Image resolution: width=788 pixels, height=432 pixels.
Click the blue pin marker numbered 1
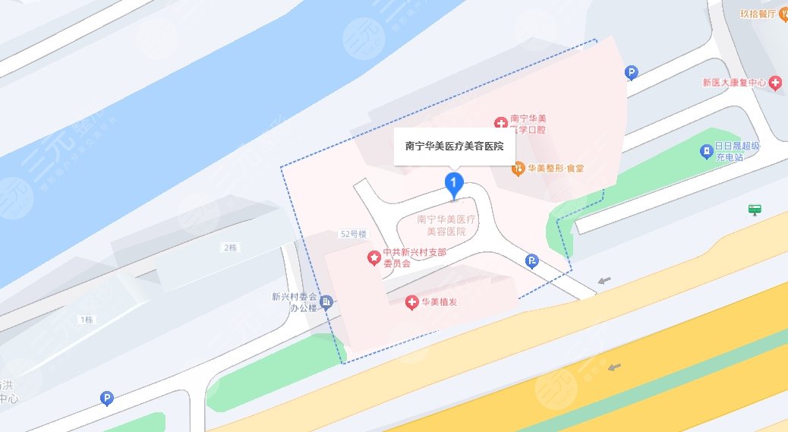click(453, 183)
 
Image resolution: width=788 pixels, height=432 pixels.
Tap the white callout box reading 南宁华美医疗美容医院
click(454, 146)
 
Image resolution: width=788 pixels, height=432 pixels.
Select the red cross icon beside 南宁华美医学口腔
click(500, 123)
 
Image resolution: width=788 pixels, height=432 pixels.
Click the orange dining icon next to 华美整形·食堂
click(519, 169)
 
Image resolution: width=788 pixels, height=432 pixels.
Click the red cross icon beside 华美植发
click(412, 303)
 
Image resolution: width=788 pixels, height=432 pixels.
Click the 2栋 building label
click(229, 248)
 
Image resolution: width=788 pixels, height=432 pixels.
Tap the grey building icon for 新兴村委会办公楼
click(326, 303)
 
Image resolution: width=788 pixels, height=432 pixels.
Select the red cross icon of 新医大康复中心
click(774, 83)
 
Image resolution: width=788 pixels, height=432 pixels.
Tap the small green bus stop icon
click(754, 209)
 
